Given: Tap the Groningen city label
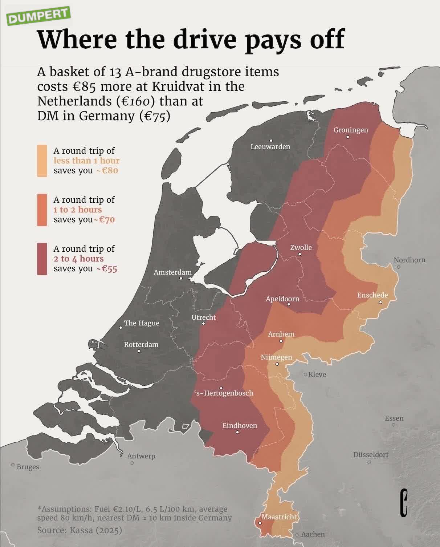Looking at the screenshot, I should pyautogui.click(x=350, y=130).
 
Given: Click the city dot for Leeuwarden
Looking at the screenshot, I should pyautogui.click(x=271, y=141).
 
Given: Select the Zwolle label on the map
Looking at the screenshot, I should pyautogui.click(x=301, y=247).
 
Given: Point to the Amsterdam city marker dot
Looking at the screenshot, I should pyautogui.click(x=181, y=278).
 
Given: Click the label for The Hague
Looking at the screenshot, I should pyautogui.click(x=142, y=323).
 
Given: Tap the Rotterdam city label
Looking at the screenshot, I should pyautogui.click(x=141, y=344).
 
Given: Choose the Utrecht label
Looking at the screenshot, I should pyautogui.click(x=203, y=317).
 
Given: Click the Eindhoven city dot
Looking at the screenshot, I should pyautogui.click(x=237, y=432).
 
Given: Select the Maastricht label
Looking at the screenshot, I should pyautogui.click(x=279, y=516).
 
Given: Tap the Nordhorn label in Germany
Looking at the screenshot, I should pyautogui.click(x=409, y=260).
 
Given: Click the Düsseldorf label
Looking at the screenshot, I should pyautogui.click(x=371, y=454).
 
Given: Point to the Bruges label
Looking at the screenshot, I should pyautogui.click(x=28, y=467).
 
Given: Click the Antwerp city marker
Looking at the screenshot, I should pyautogui.click(x=132, y=463).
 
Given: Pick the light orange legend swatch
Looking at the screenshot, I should pyautogui.click(x=42, y=161).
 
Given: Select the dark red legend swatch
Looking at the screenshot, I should pyautogui.click(x=42, y=259).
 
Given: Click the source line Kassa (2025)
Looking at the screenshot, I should pyautogui.click(x=80, y=530).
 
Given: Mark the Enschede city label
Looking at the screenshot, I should pyautogui.click(x=372, y=295).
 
